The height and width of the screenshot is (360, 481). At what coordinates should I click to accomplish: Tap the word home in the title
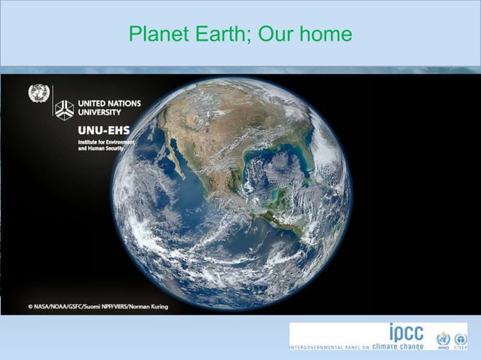pos(325,35)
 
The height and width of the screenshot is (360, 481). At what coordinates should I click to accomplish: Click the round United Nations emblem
pos(38,94)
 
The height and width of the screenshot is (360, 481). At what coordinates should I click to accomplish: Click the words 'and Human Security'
pos(103,149)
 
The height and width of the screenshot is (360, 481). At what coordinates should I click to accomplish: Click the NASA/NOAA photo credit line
pos(98,307)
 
